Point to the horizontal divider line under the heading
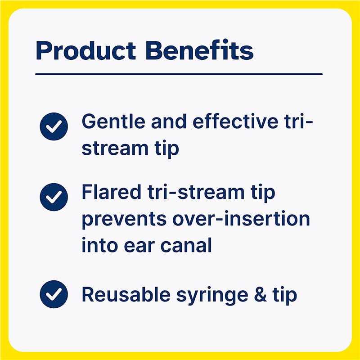179,74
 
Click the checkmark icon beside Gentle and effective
54,126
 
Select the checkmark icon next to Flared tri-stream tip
54,197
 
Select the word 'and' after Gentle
161,122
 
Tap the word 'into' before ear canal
96,246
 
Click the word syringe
199,296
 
